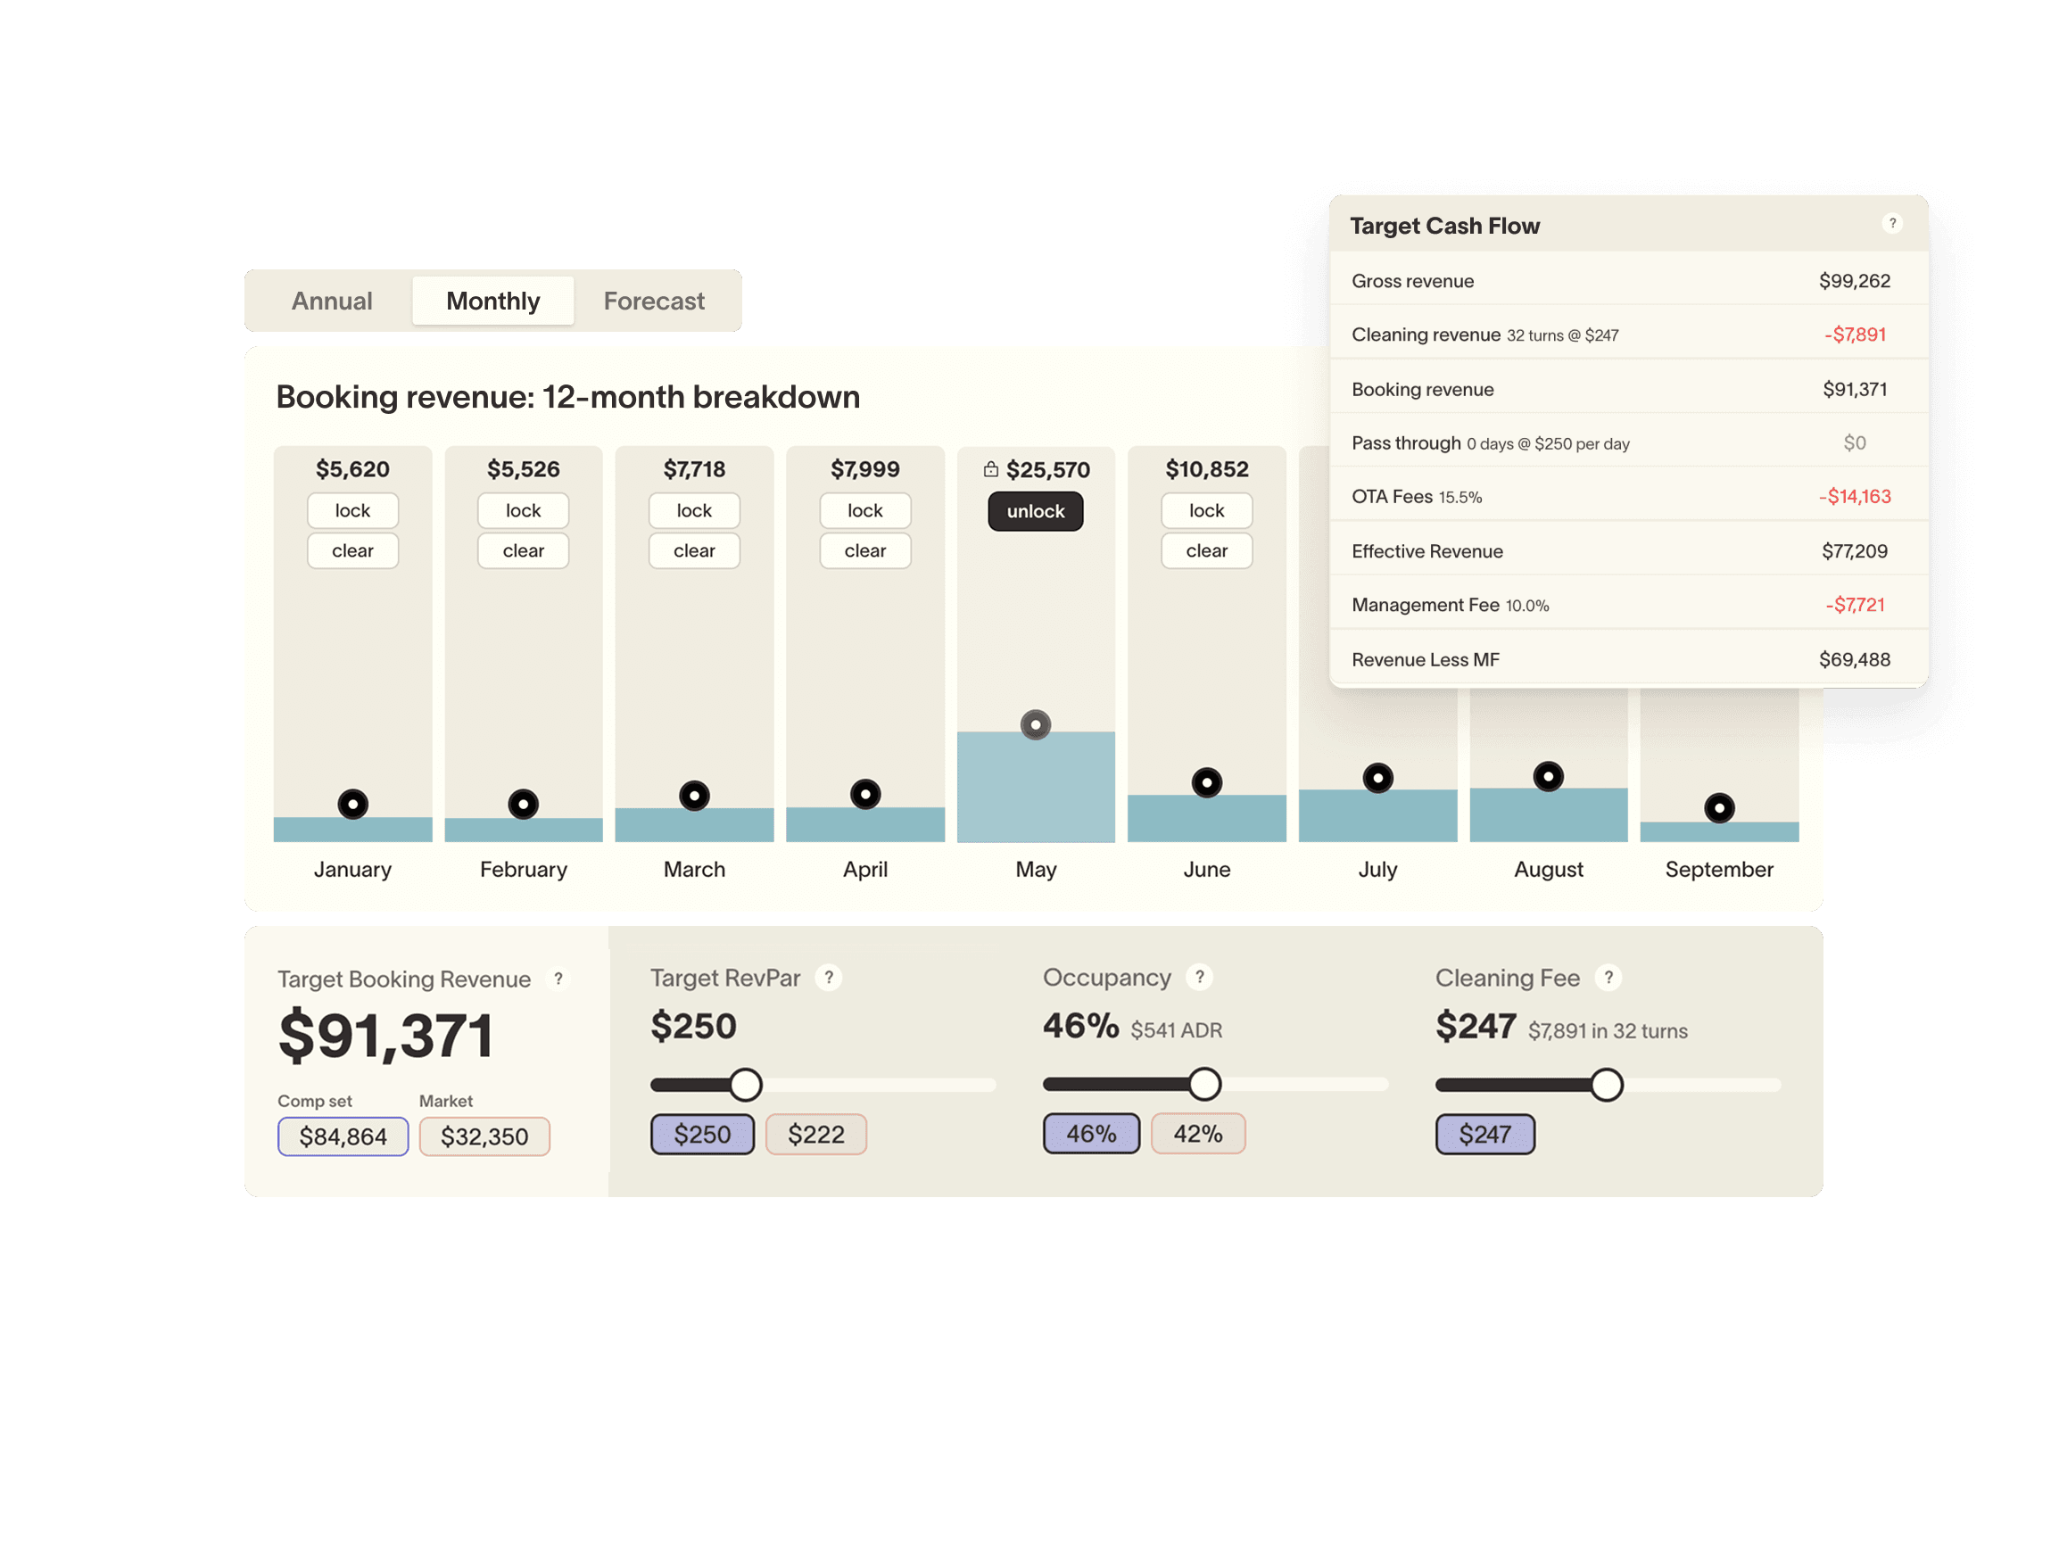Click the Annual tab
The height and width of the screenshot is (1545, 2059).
click(331, 301)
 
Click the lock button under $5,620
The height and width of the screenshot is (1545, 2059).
click(352, 510)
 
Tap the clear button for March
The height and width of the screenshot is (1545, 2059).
click(694, 550)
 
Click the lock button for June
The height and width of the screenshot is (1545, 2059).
click(1206, 510)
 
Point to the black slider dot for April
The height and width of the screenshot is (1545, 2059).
click(864, 794)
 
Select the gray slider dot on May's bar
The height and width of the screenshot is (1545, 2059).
click(1035, 724)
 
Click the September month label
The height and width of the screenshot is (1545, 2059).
click(1718, 870)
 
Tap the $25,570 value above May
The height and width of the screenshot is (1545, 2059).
click(1047, 469)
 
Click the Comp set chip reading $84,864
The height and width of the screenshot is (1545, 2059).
click(343, 1136)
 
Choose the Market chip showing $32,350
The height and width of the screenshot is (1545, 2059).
click(484, 1136)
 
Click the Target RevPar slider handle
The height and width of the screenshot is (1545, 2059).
click(745, 1085)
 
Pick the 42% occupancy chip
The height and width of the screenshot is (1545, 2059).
click(1197, 1134)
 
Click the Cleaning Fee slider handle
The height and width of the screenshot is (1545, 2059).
click(1606, 1085)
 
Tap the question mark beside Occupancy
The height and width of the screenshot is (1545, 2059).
click(1200, 976)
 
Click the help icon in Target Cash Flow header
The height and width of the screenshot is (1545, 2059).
click(1891, 223)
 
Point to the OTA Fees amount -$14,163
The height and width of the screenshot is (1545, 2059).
click(1854, 496)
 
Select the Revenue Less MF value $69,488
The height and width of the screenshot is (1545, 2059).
click(1854, 660)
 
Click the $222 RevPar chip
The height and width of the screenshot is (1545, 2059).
click(815, 1135)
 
